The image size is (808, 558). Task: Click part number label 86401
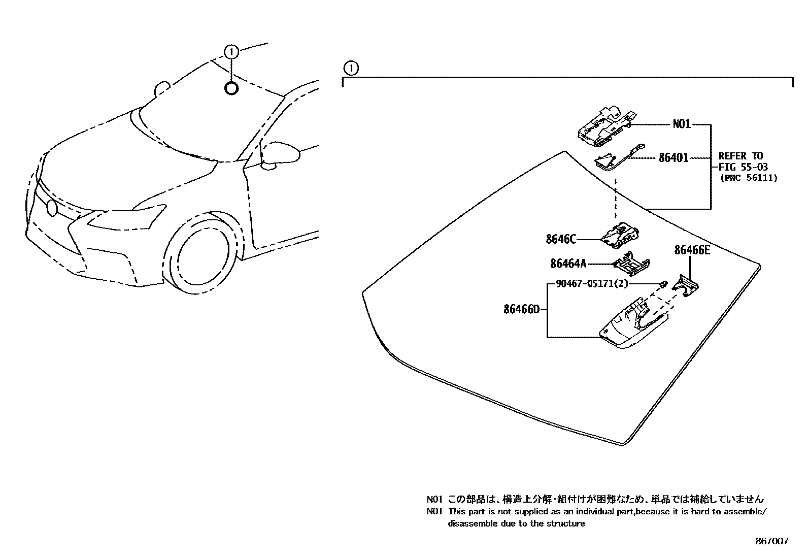(x=674, y=158)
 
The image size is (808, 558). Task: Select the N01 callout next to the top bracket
(x=682, y=124)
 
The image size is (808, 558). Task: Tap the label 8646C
(x=561, y=239)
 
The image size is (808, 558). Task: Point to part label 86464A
(x=568, y=264)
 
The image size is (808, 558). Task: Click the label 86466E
(x=692, y=250)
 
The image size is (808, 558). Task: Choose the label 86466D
(x=521, y=309)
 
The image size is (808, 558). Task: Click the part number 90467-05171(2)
(x=591, y=284)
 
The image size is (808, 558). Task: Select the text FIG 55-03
(x=743, y=167)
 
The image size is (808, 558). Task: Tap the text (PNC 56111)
(x=748, y=178)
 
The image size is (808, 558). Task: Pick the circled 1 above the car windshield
(x=231, y=51)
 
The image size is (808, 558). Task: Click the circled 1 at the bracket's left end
(x=351, y=67)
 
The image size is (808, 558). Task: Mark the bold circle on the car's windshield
(x=231, y=88)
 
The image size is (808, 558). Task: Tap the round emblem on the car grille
(x=51, y=207)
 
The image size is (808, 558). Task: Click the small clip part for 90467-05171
(x=663, y=283)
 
